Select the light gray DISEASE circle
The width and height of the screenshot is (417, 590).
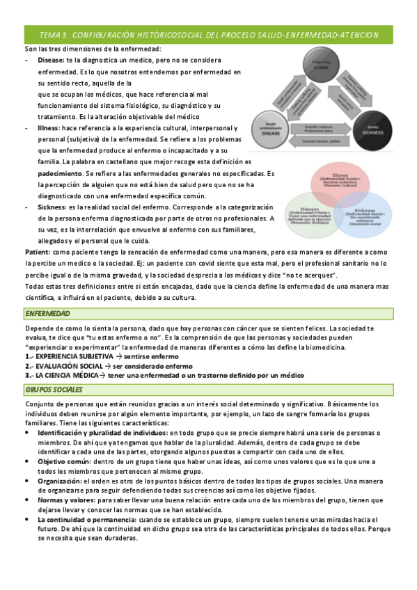269,127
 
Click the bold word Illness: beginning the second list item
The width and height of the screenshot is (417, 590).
49,129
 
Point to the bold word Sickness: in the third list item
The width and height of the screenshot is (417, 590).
53,207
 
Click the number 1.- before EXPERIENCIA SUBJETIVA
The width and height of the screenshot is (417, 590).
29,356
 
